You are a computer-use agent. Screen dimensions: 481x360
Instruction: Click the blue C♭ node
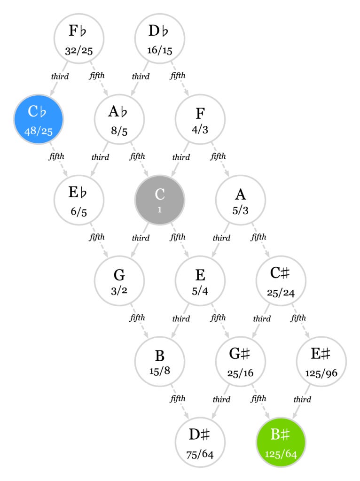click(38, 119)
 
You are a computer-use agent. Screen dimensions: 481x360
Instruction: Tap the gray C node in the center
click(160, 200)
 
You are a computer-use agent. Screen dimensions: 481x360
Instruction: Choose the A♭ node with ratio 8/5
click(119, 119)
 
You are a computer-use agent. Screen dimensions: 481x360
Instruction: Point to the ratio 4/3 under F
click(200, 130)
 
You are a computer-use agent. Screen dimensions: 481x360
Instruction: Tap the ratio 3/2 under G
click(119, 291)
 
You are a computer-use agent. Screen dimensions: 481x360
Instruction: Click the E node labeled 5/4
click(200, 280)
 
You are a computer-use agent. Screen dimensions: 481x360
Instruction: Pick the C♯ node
click(281, 280)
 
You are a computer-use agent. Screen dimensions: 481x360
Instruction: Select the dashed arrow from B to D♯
click(180, 401)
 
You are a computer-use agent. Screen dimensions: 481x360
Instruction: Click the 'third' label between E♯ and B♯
click(302, 400)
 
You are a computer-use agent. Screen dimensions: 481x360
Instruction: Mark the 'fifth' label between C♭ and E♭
click(56, 156)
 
